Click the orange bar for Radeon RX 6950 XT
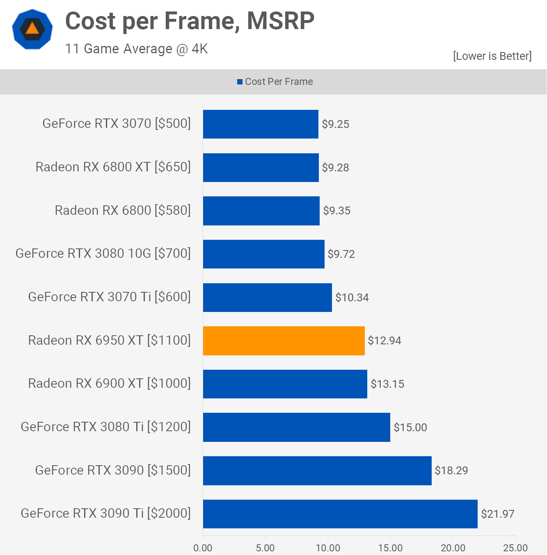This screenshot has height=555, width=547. point(284,341)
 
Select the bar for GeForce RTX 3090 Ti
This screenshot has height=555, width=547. point(340,514)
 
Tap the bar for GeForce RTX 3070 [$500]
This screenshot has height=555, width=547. point(261,124)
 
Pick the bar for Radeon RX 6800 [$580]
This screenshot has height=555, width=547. point(261,211)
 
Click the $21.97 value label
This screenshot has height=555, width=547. point(497,514)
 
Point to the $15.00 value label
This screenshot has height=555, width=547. point(410,428)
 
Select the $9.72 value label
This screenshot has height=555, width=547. point(341,254)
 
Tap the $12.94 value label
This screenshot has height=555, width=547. point(384,341)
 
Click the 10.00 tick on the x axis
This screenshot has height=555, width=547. point(328,548)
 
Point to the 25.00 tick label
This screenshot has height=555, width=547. point(515,548)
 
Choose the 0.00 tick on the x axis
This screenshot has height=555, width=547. point(203,548)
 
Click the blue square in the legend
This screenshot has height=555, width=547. point(240,82)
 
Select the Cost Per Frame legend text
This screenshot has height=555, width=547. point(279,82)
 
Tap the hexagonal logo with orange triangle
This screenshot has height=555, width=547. point(32,30)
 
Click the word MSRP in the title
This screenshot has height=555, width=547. point(281,21)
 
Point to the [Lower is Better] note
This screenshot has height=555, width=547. point(492,56)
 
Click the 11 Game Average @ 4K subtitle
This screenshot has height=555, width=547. point(136,49)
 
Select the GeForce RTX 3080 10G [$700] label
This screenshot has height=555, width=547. point(103,254)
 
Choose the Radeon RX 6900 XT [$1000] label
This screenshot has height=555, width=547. point(109,384)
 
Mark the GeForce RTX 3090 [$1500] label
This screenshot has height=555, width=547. point(113,470)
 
